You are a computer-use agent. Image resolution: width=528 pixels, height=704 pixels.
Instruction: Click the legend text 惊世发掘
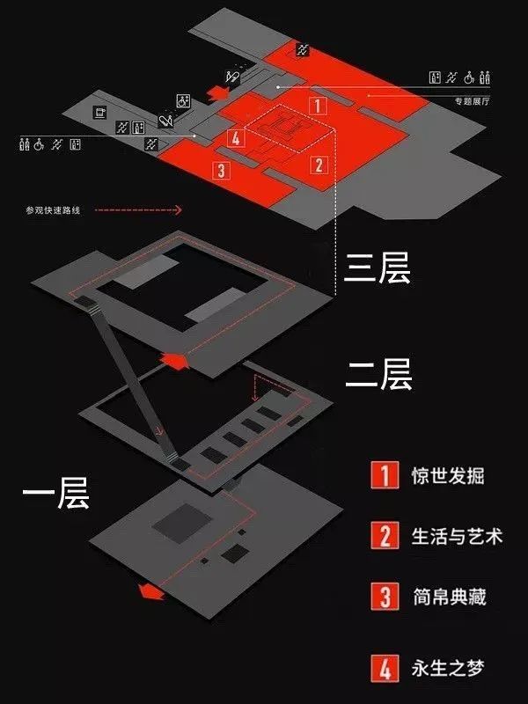pyautogui.click(x=448, y=476)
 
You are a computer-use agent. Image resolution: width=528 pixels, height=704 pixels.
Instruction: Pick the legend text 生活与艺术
pyautogui.click(x=457, y=535)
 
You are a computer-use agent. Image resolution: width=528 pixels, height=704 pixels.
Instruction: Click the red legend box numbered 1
pyautogui.click(x=385, y=475)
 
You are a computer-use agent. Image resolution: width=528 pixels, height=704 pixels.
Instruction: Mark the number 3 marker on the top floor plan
pyautogui.click(x=221, y=170)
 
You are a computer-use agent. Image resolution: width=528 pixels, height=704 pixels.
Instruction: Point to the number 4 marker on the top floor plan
pyautogui.click(x=234, y=137)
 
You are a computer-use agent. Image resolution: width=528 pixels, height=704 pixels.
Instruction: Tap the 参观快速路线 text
pyautogui.click(x=53, y=211)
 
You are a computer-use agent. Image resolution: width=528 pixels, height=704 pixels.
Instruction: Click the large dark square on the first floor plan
pyautogui.click(x=180, y=526)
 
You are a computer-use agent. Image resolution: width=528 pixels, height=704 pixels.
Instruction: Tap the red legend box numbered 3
pyautogui.click(x=385, y=598)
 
